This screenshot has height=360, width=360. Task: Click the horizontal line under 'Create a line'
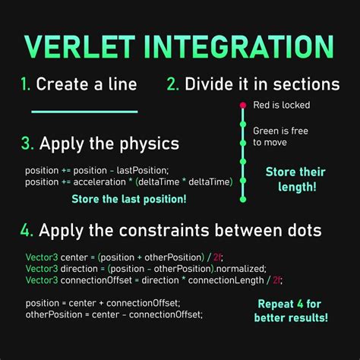[84, 112]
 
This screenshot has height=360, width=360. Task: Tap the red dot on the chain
[242, 105]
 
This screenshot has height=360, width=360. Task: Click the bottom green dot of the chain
[242, 199]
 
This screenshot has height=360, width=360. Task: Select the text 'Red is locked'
[281, 106]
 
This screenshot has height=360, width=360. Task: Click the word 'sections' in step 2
[304, 84]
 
